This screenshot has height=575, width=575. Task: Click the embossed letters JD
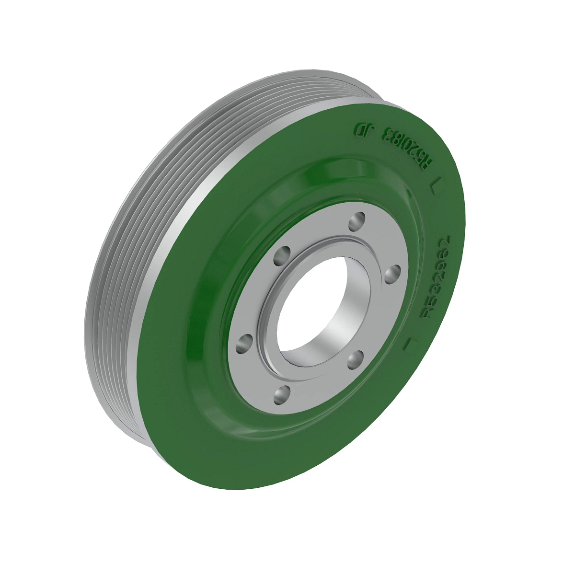(363, 128)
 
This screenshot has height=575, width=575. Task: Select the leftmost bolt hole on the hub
(245, 344)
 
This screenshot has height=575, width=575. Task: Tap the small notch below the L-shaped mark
(409, 193)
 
